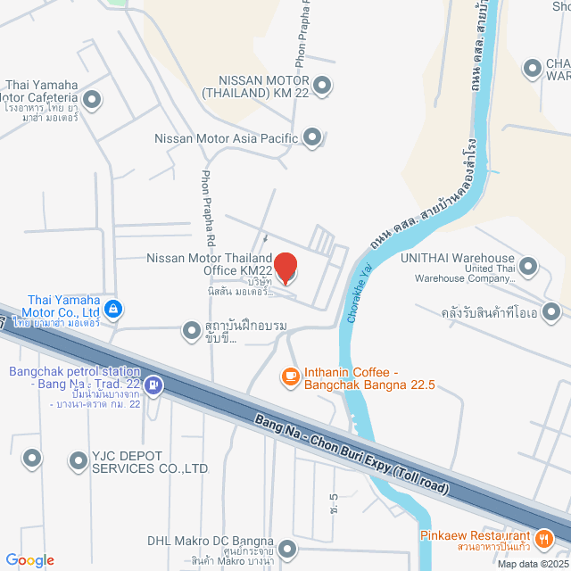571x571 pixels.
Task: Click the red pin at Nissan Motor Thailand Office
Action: (x=285, y=267)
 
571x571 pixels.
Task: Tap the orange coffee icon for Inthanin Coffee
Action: (x=290, y=377)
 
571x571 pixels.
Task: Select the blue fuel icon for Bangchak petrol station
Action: (x=154, y=385)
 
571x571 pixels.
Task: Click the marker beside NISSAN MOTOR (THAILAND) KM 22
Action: (x=323, y=86)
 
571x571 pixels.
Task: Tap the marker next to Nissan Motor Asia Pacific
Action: (x=312, y=137)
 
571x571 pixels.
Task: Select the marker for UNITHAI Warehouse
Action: (x=528, y=266)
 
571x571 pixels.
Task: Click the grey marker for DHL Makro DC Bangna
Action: (x=286, y=548)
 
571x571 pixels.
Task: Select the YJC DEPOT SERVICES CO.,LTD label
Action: (x=138, y=461)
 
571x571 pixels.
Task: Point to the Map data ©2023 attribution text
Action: (x=532, y=564)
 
